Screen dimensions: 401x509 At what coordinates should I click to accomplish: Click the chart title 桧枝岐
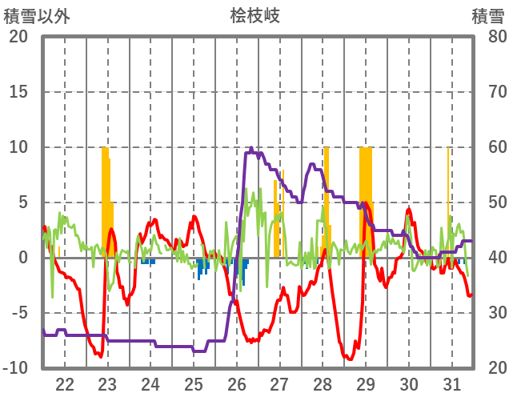pos(254,15)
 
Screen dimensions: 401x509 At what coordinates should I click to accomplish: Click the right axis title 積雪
pos(487,15)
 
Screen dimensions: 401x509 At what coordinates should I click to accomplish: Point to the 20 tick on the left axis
pos(19,37)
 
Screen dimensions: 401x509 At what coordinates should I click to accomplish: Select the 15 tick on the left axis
pos(19,92)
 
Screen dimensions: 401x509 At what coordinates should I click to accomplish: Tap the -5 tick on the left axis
pos(19,313)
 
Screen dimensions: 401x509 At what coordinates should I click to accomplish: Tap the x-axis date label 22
pos(65,383)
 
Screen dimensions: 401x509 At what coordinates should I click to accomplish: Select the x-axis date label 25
pos(194,383)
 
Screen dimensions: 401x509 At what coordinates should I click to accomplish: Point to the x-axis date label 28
pos(323,383)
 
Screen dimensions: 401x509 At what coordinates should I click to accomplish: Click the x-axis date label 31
pos(451,383)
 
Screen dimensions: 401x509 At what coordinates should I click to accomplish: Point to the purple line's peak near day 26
pos(251,148)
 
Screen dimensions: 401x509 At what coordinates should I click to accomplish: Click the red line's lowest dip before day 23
pos(99,355)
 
